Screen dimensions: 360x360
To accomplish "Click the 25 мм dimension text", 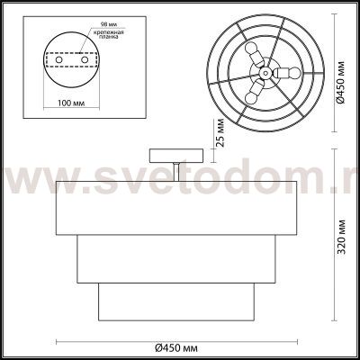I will (219, 132).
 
